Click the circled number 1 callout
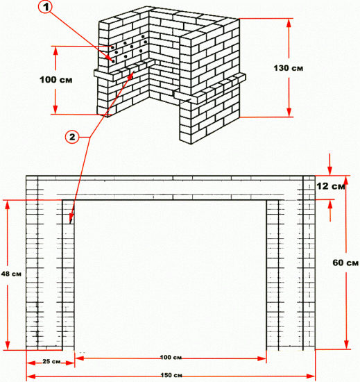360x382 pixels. [46, 7]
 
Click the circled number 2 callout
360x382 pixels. [72, 137]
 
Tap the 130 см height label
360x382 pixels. [289, 68]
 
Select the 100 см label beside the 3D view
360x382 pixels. [56, 80]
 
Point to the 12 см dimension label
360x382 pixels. [331, 186]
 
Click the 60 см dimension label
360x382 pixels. [345, 263]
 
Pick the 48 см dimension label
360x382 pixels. [11, 274]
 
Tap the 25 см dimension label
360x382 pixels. [51, 361]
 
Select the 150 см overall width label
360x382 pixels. [171, 375]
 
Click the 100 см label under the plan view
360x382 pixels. [171, 358]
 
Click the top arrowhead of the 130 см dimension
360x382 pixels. [289, 22]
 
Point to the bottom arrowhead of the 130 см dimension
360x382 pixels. [289, 113]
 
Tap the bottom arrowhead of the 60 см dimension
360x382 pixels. [346, 345]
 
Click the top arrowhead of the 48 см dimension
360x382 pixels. [8, 205]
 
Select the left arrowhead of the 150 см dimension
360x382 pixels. [31, 376]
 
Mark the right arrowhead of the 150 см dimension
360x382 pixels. [311, 376]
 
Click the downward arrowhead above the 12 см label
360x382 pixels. [330, 171]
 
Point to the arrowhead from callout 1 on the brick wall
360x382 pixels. [111, 59]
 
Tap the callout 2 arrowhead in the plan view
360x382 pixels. [71, 219]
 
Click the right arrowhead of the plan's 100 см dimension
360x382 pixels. [262, 358]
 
